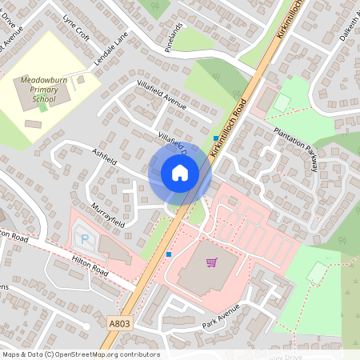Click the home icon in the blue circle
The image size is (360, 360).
(x=180, y=173)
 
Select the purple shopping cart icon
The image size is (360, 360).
(x=211, y=262)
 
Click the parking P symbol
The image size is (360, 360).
(x=82, y=238)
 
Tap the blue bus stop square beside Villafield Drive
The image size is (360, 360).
(x=215, y=138)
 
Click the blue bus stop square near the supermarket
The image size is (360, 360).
(x=169, y=254)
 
